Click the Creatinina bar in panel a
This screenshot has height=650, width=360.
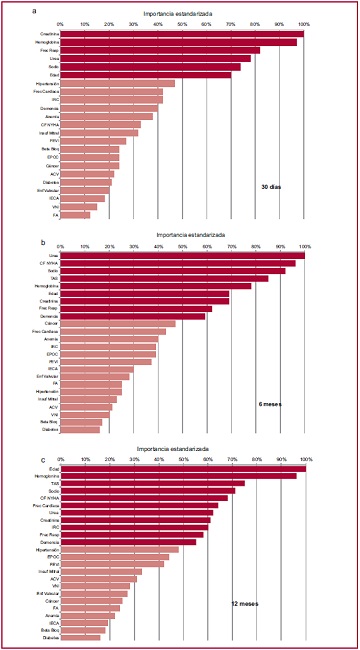[x=181, y=34]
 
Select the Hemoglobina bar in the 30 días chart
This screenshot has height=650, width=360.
[x=178, y=42]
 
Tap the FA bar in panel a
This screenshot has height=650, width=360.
[x=75, y=215]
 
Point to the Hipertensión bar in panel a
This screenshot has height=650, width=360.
[x=117, y=83]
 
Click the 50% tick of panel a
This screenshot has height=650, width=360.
[x=182, y=24]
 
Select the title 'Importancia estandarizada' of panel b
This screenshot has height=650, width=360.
[x=182, y=234]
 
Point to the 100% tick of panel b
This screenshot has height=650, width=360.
[x=304, y=245]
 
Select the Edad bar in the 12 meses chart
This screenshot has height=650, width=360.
[x=183, y=468]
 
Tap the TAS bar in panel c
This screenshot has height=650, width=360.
[x=152, y=483]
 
